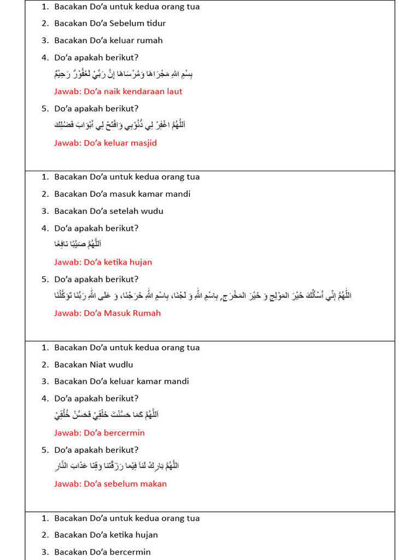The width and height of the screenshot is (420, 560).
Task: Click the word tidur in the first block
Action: (155, 24)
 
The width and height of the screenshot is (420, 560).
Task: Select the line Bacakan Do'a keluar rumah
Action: (108, 40)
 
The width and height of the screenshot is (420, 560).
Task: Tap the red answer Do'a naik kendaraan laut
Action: (118, 91)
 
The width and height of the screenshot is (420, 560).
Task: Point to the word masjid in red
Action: (143, 143)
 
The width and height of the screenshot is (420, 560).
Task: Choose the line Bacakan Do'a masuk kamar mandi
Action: (122, 194)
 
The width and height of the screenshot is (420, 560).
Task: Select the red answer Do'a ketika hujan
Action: (103, 262)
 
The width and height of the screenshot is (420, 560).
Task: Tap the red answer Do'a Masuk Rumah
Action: (107, 313)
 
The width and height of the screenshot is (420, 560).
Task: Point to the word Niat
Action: (98, 365)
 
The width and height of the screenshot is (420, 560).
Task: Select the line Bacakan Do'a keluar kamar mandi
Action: (121, 382)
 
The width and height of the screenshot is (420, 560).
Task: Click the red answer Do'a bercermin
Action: (100, 433)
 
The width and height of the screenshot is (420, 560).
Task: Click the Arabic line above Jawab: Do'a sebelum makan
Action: (117, 466)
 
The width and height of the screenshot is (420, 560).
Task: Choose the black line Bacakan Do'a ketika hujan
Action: (106, 535)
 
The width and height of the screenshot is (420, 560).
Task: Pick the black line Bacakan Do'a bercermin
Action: (102, 552)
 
